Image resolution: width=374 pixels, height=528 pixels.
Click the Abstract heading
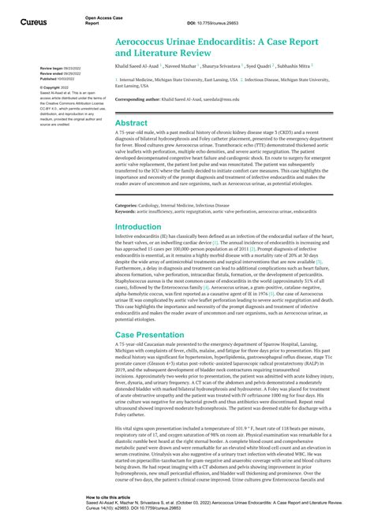(131, 123)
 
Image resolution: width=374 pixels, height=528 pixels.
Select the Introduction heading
(138, 226)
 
